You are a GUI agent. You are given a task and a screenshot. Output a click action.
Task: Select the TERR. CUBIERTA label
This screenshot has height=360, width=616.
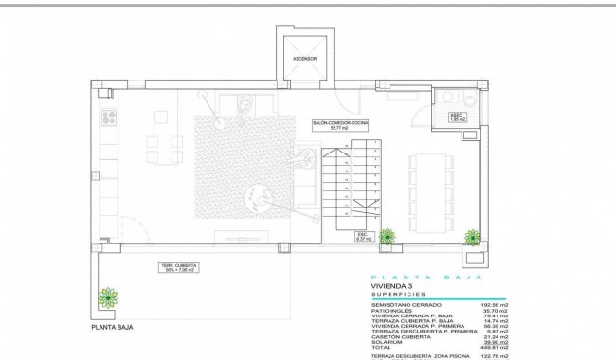tap(177, 268)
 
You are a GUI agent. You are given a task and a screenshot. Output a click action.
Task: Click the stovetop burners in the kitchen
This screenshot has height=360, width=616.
tap(108, 117)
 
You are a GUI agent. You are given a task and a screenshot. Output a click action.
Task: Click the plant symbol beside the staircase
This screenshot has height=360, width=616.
tap(387, 236)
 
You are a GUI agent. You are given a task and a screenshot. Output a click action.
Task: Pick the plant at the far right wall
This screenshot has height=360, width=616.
tap(473, 236)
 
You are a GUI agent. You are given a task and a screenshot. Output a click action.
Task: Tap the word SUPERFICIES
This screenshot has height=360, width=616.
tap(397, 295)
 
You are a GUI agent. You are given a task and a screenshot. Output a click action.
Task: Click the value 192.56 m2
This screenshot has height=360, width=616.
tap(497, 304)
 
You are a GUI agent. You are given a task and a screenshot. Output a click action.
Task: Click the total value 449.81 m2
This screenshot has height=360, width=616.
tap(497, 347)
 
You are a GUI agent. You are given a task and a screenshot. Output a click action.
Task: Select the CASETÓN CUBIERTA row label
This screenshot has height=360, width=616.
tap(403, 336)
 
